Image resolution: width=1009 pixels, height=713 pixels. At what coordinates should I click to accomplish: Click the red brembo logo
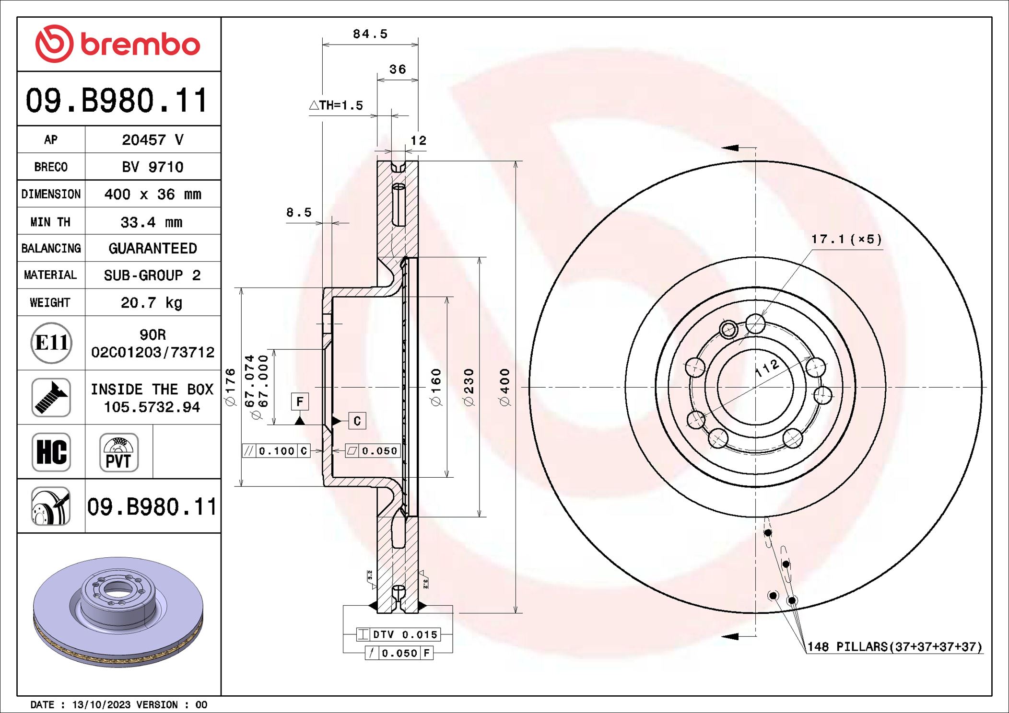[117, 44]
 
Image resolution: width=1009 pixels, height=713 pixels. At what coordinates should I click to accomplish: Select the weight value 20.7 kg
[152, 303]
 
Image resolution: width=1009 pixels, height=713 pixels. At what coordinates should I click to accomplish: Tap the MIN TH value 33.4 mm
[152, 222]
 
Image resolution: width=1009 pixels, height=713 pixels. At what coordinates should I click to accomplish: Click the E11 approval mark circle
[51, 343]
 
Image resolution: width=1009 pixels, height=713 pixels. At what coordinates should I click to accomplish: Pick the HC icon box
[51, 452]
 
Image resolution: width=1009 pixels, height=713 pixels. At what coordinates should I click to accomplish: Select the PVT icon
[119, 452]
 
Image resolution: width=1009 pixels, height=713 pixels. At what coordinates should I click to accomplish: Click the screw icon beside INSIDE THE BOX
[51, 398]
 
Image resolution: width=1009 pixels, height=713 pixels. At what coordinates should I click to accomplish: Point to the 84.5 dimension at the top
[370, 34]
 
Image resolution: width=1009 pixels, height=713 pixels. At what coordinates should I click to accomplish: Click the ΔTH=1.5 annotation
[336, 105]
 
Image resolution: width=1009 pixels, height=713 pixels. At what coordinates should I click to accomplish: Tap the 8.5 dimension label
[299, 212]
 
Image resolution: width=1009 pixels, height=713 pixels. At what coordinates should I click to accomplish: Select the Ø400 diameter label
[504, 387]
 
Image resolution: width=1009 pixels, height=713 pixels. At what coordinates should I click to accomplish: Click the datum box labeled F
[300, 402]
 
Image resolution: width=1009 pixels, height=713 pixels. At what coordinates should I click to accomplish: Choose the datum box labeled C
[357, 421]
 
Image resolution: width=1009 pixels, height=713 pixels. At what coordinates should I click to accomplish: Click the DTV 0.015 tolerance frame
[398, 634]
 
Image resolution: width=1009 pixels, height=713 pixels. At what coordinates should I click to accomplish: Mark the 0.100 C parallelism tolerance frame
[276, 451]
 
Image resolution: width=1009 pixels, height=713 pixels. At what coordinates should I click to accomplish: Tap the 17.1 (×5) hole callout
[846, 239]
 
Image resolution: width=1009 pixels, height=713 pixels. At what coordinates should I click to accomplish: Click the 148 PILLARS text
[894, 647]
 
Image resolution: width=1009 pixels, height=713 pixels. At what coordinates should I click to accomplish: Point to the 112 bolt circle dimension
[767, 368]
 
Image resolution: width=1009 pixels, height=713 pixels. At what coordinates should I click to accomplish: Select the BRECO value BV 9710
[153, 167]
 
